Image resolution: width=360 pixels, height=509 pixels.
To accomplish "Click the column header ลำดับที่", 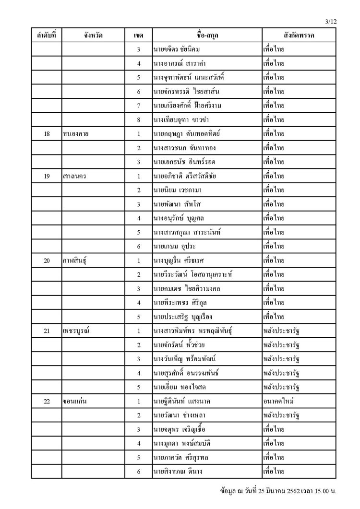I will coord(47,36).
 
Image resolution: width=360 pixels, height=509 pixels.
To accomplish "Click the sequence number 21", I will coord(47,331).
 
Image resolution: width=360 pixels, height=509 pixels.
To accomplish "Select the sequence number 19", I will coord(47,176).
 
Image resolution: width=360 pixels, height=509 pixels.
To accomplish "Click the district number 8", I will coord(138,119).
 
